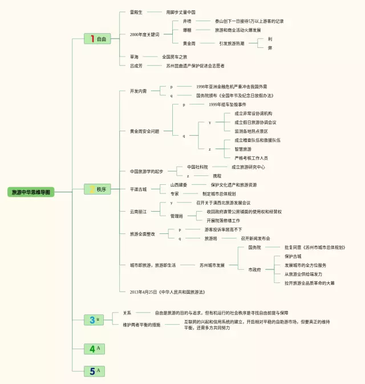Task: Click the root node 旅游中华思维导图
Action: (x=32, y=192)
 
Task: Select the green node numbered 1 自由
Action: (x=96, y=39)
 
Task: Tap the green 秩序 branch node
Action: (x=96, y=189)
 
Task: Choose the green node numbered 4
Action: (x=94, y=349)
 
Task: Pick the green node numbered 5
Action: (x=94, y=371)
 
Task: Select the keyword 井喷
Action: (x=187, y=21)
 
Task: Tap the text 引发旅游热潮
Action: (x=232, y=43)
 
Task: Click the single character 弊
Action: (x=270, y=48)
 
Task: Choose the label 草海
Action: (x=134, y=57)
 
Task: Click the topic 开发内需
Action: (x=138, y=91)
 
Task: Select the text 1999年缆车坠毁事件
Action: (x=227, y=105)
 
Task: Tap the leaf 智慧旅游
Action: (x=243, y=149)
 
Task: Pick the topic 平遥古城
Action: (x=138, y=189)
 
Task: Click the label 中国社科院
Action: (x=197, y=167)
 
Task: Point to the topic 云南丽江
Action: (x=138, y=212)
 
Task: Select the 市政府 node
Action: (x=254, y=269)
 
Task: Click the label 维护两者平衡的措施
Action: (x=141, y=325)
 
